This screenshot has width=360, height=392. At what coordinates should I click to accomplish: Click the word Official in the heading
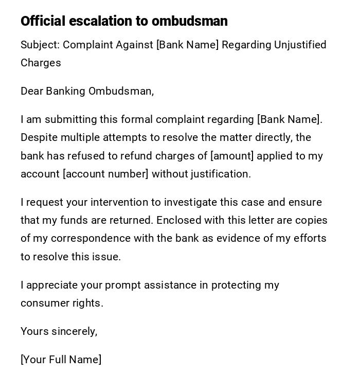(x=43, y=21)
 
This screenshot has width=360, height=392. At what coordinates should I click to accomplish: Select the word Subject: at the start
(x=40, y=45)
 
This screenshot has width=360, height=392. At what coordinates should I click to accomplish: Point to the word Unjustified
(x=300, y=45)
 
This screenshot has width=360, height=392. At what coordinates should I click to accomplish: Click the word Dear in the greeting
(x=32, y=91)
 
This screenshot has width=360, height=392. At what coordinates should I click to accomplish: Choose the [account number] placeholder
(x=105, y=174)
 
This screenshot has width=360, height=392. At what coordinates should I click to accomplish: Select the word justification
(x=221, y=174)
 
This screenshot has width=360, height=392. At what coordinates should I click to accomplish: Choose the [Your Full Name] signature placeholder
(x=61, y=360)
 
